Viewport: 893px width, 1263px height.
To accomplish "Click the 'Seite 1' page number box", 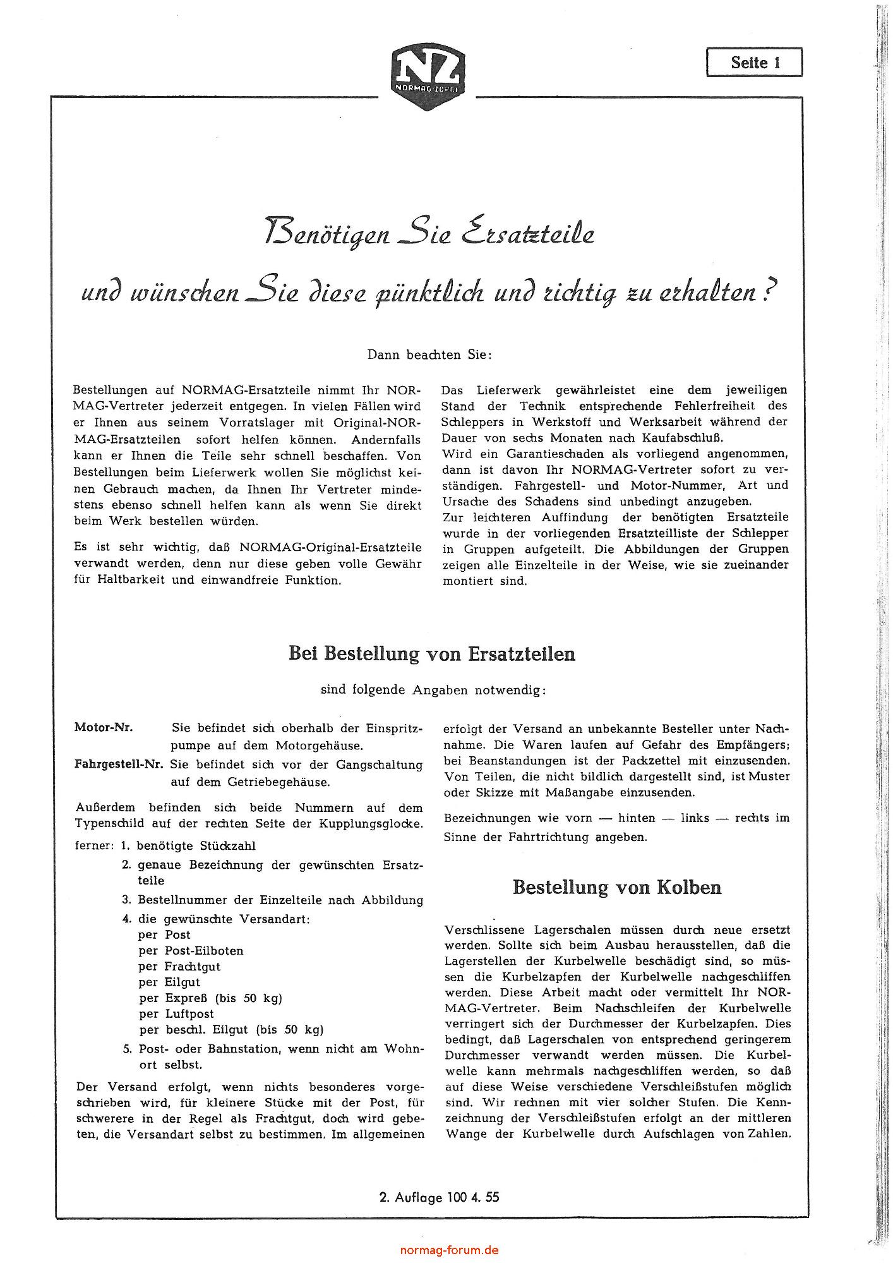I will pos(755,63).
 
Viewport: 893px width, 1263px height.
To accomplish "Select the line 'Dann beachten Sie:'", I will pos(429,354).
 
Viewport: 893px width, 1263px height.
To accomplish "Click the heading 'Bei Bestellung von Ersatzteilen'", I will pos(431,653).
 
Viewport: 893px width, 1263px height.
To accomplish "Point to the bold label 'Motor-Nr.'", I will pos(104,727).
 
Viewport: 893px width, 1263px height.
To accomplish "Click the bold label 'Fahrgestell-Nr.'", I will pos(119,764).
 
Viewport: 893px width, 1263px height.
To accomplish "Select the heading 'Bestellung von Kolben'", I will pos(616,887).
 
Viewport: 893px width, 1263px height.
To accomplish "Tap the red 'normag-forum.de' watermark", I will pos(449,1250).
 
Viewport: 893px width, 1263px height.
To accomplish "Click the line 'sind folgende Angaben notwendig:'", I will pos(433,690).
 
